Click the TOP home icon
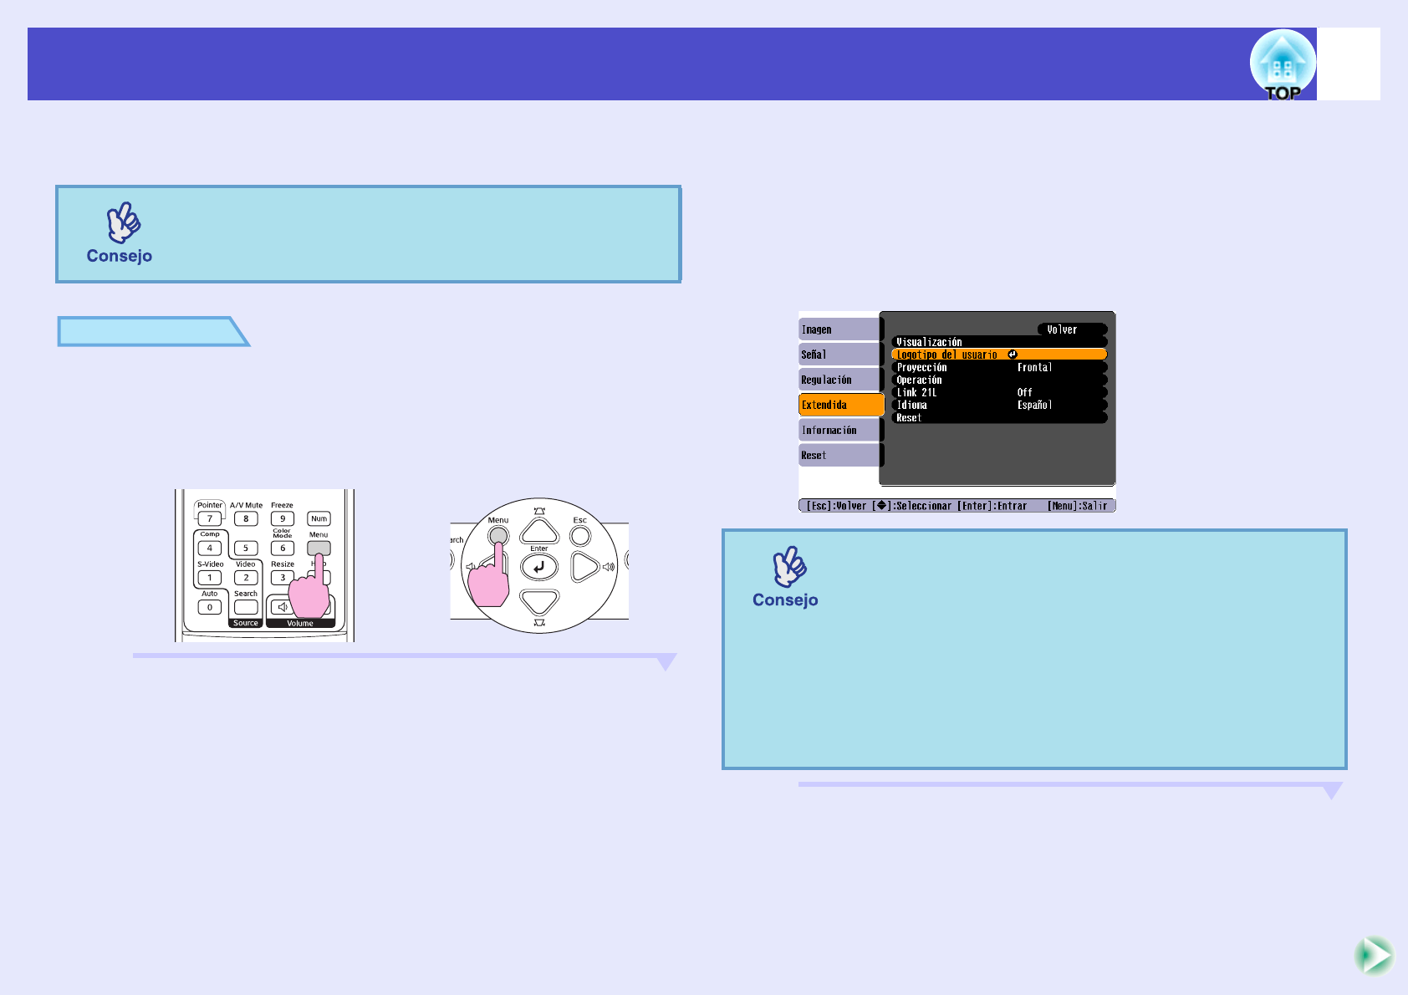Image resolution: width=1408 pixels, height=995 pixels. (x=1282, y=64)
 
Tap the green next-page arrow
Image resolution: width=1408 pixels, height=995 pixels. (x=1373, y=955)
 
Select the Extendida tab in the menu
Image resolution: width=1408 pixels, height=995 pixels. (x=840, y=405)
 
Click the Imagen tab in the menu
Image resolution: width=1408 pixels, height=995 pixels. (x=839, y=329)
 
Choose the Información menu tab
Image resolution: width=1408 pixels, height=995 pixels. (x=839, y=430)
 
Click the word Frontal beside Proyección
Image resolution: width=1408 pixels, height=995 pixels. (x=1034, y=367)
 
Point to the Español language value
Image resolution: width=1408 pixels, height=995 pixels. (x=1034, y=405)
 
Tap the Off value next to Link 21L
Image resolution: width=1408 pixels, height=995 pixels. (x=1024, y=392)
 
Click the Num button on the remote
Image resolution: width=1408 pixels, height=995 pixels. (x=319, y=518)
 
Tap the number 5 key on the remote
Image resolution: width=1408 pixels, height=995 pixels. (x=246, y=549)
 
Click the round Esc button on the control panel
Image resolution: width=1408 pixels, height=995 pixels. (x=580, y=535)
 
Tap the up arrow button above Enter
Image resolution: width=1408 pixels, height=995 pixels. (x=539, y=531)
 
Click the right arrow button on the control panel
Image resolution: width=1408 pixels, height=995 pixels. (x=584, y=567)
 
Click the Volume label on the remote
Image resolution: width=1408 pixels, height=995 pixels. (x=300, y=623)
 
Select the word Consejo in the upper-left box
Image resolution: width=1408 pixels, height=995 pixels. (x=120, y=256)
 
